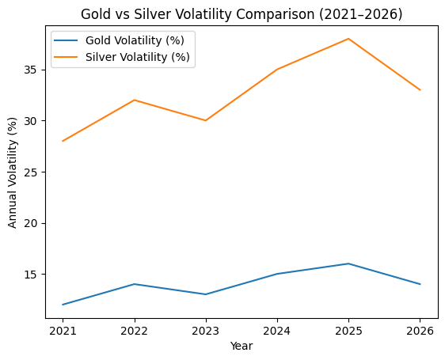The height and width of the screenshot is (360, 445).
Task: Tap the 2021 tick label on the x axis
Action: coord(63,331)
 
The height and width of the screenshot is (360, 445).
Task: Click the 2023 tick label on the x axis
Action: coord(206,331)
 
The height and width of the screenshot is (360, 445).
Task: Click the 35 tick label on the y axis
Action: coord(36,70)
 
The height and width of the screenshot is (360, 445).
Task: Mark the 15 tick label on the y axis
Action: coord(36,275)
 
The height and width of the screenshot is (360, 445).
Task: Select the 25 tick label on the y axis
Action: coord(36,172)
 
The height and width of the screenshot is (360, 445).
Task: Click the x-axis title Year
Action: coord(242,346)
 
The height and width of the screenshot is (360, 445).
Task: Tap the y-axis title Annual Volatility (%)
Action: coord(13,172)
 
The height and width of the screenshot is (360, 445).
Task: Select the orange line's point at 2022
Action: coord(135,100)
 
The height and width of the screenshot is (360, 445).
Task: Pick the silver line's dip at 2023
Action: coord(206,120)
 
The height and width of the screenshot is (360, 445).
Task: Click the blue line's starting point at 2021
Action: coord(63,305)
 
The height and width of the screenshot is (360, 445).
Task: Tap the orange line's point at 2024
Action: coord(277,70)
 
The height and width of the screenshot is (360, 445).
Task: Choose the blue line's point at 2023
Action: coord(206,294)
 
